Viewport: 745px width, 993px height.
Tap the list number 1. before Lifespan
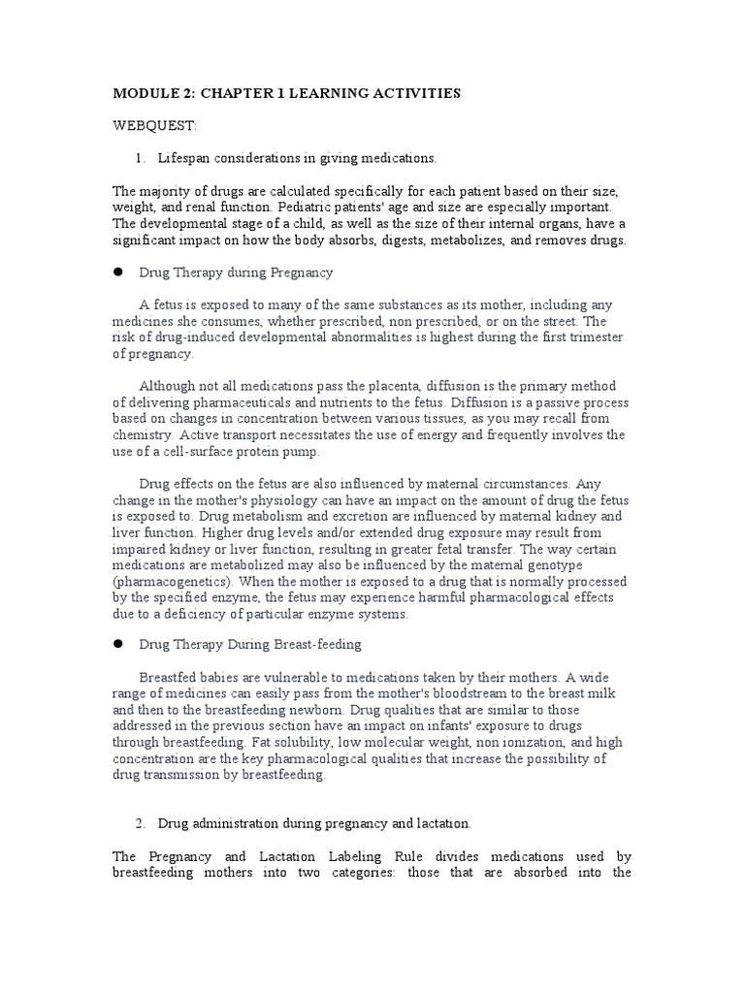pos(141,158)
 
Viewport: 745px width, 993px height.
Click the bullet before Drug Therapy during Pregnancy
pos(119,272)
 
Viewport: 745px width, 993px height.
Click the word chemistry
pos(144,435)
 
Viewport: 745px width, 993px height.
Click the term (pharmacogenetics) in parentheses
pos(173,581)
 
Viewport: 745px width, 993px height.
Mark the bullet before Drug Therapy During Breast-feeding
pos(119,644)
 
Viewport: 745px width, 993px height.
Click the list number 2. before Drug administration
pos(141,823)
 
